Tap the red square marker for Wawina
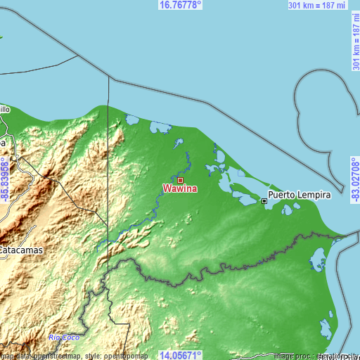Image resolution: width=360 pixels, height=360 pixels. (x=180, y=180)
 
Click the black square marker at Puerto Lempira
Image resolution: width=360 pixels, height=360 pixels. (x=265, y=201)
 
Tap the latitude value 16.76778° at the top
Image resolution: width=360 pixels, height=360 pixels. (x=181, y=4)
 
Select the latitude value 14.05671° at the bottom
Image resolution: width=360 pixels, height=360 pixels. (x=181, y=355)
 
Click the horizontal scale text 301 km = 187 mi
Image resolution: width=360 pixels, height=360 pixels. (x=317, y=5)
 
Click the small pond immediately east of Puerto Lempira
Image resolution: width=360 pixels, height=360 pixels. (x=287, y=209)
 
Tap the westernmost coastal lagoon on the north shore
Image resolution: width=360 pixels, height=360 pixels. (x=131, y=119)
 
